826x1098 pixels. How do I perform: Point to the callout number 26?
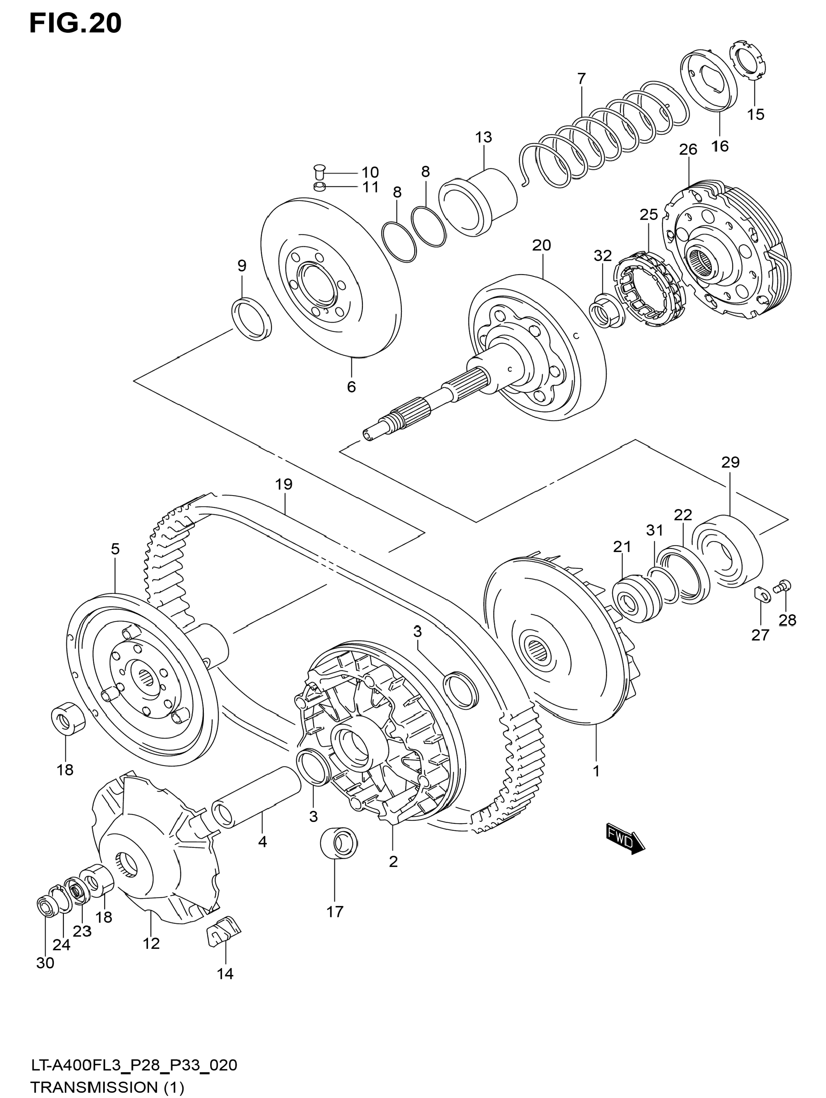pos(688,149)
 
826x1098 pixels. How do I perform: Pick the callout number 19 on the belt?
pos(284,484)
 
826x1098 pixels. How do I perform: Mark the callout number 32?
pos(603,256)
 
